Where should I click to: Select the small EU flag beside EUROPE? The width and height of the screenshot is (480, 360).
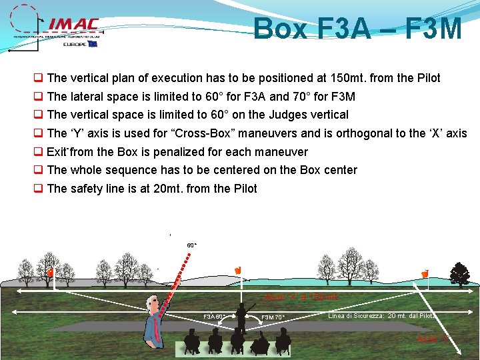pos(92,44)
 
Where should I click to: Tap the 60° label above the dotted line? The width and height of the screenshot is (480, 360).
pos(191,245)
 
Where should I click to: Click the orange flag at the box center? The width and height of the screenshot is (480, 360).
pos(237,270)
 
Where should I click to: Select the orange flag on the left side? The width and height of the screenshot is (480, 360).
pos(50,273)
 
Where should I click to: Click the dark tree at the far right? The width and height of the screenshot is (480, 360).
pos(460,273)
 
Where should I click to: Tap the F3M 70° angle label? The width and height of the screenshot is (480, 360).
pos(273,317)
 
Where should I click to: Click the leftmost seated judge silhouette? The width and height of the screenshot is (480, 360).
pos(192,342)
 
